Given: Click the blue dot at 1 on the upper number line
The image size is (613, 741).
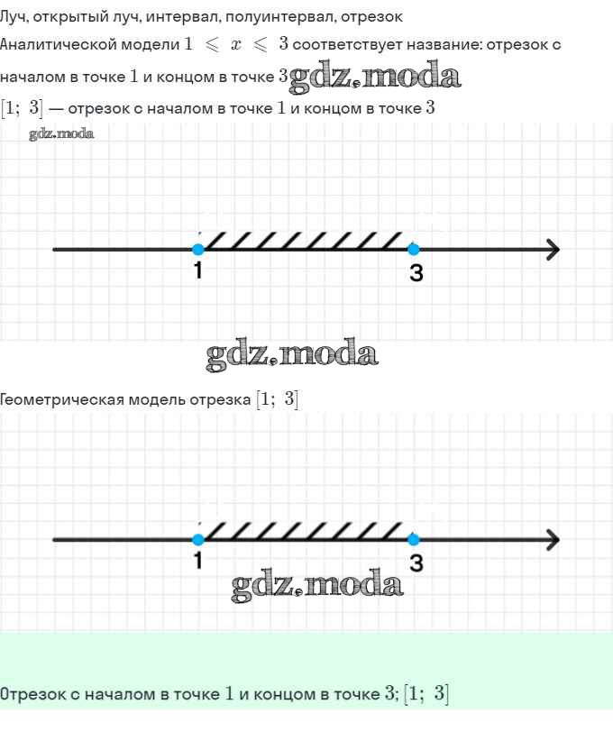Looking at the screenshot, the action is click(198, 249).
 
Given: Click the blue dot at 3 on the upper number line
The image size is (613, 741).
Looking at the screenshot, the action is click(413, 249).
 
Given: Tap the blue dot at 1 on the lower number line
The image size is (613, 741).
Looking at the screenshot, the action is click(198, 539).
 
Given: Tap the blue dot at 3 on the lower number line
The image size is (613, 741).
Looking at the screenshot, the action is click(413, 539).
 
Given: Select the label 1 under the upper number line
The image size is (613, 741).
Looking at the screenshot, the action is click(198, 270).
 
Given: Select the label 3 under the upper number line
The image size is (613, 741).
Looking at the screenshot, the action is click(416, 272).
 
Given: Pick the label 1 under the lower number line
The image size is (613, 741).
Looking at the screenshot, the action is click(198, 561).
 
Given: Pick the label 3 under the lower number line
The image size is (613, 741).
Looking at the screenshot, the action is click(416, 563).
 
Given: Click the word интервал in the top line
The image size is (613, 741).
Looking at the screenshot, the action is click(183, 17).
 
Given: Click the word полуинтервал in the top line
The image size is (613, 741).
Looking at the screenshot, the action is click(280, 17).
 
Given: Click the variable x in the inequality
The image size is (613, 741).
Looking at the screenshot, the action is click(236, 45).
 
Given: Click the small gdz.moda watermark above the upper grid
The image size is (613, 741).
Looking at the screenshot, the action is click(61, 134).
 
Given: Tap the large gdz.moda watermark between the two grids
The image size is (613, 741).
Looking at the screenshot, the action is click(292, 354).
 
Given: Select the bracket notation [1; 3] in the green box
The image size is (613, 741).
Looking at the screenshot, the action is click(426, 693).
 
